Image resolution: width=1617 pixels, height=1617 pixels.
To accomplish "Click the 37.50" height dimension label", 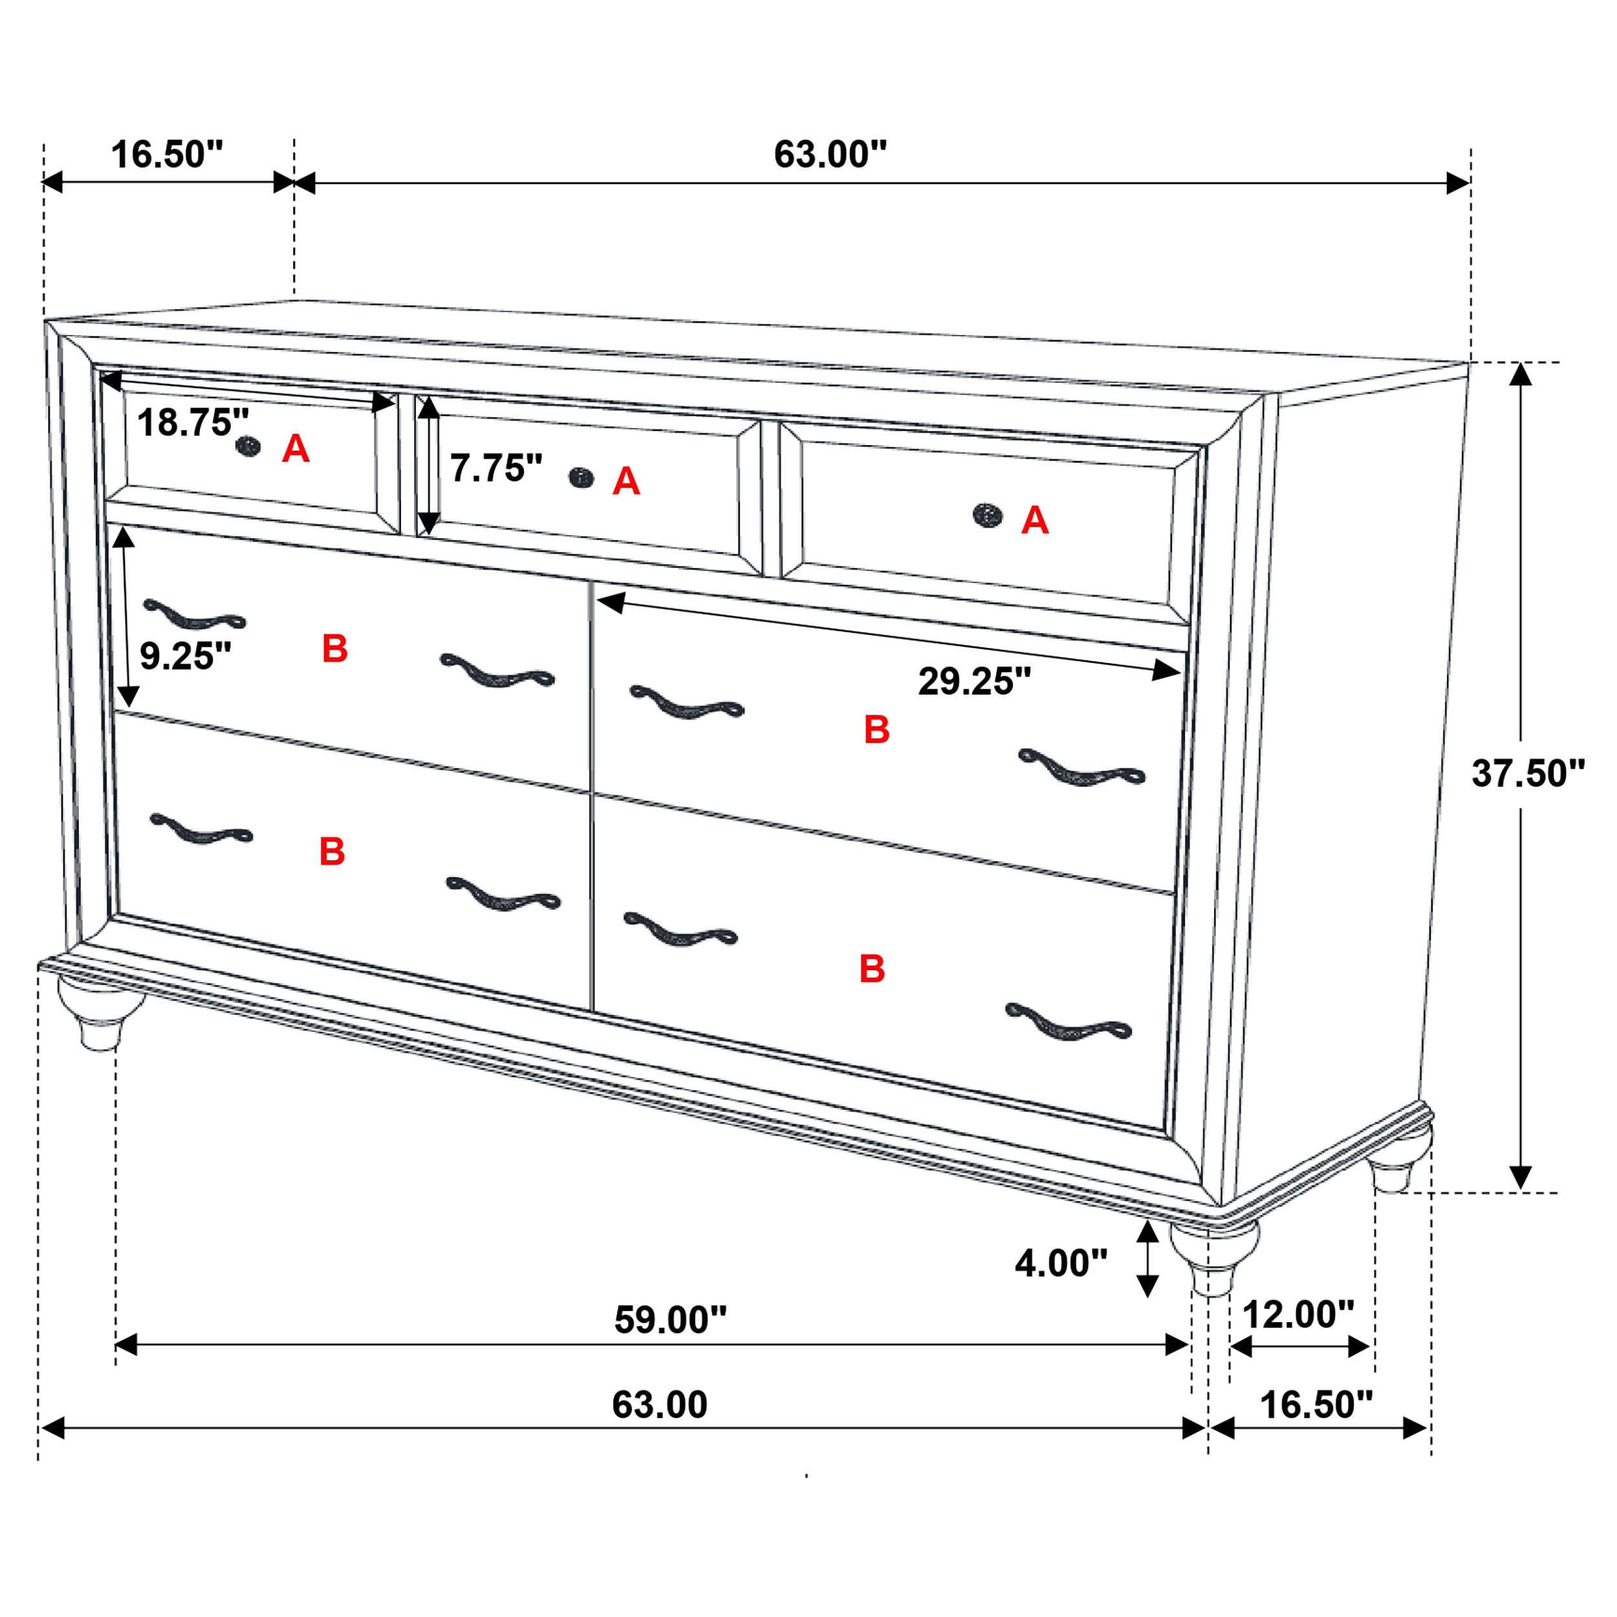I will point(1528,774).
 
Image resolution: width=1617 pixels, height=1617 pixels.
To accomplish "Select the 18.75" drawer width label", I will point(193,422).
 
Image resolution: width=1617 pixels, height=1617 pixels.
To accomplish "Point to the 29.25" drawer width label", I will point(974,681).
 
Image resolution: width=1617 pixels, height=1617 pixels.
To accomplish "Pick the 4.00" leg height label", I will point(1060,1263).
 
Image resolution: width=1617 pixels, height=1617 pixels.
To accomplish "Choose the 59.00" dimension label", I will point(670,1320).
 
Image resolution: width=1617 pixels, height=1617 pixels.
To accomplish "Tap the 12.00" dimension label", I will point(1298,1315).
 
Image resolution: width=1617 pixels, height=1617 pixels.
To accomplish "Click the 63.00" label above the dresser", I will point(829,154).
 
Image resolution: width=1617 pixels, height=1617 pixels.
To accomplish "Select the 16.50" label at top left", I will point(168,155).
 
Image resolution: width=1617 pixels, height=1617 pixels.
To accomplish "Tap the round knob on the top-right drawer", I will point(988,515).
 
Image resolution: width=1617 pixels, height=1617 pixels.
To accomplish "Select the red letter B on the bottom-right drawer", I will point(872,969).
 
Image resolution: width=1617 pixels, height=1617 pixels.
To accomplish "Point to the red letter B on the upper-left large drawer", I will point(335,649).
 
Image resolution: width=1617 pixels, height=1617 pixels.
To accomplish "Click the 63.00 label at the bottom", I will point(660,1404).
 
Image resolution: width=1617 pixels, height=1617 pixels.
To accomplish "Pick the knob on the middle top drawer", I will point(581,478).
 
